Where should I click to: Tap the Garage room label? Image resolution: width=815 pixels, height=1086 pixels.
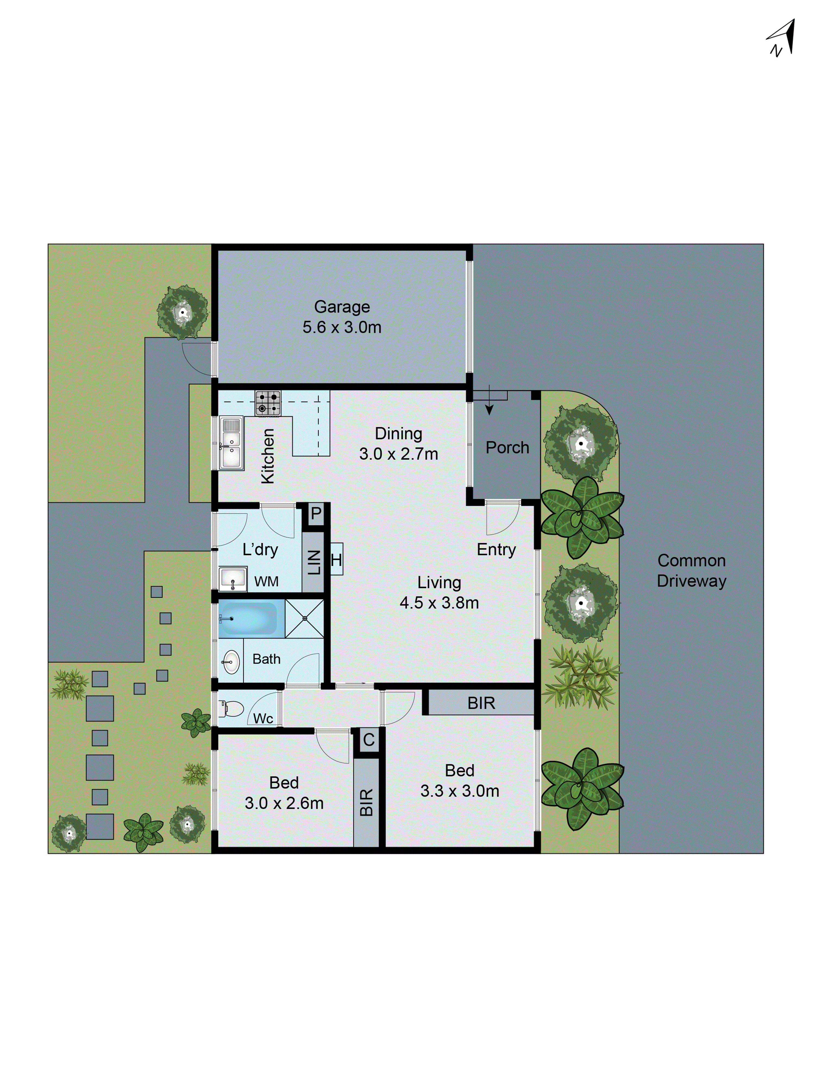click(x=342, y=307)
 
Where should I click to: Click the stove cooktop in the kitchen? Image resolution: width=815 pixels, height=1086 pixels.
click(x=268, y=403)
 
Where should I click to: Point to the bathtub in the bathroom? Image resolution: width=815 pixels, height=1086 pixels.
click(x=250, y=618)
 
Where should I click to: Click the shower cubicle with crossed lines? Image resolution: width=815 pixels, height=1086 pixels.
click(x=305, y=618)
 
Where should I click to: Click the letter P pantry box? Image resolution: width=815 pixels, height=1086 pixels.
click(x=316, y=514)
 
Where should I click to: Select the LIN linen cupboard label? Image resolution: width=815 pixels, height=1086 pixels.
click(x=314, y=562)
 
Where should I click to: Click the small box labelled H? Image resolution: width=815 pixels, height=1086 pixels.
click(x=337, y=559)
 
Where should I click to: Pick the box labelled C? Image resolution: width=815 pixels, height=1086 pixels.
click(x=368, y=739)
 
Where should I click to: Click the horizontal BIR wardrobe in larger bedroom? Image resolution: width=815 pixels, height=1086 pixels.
click(x=481, y=703)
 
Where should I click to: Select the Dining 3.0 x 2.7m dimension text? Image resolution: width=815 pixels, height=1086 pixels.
click(x=399, y=454)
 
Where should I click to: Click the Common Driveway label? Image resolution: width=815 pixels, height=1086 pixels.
click(x=691, y=570)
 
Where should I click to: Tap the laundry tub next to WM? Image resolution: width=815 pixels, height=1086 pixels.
click(x=232, y=579)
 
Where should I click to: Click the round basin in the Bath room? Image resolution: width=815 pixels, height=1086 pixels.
click(x=231, y=662)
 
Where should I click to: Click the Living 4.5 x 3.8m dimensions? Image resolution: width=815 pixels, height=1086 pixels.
click(x=439, y=602)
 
